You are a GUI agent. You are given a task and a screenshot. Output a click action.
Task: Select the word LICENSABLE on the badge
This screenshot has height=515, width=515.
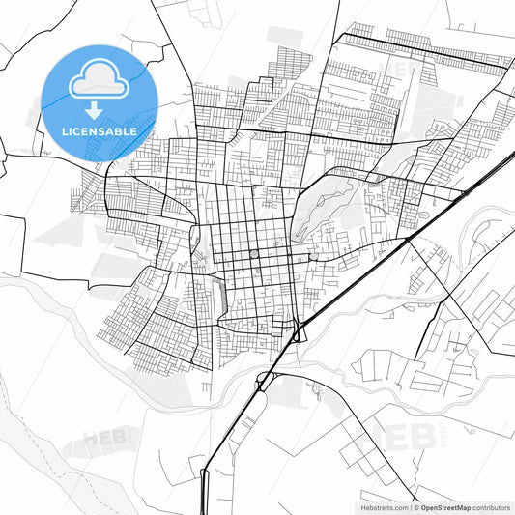pyautogui.click(x=100, y=131)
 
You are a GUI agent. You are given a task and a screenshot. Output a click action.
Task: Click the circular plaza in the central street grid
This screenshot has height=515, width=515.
pyautogui.click(x=254, y=254)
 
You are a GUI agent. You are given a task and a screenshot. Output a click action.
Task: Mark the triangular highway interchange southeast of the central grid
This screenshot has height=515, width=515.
pyautogui.click(x=299, y=333)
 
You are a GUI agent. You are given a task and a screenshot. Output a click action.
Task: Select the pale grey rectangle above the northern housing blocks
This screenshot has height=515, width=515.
pyautogui.click(x=285, y=40)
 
